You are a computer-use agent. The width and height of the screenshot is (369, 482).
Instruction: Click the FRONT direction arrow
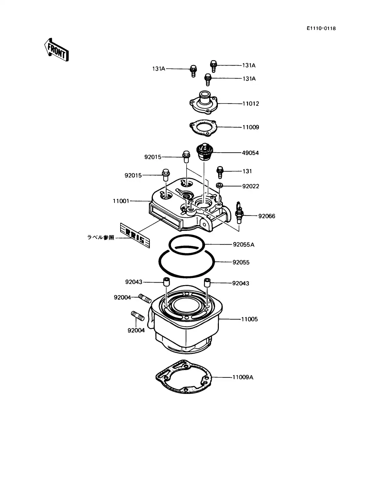tap(56, 50)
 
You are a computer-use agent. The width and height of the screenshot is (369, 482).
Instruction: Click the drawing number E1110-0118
tap(321, 28)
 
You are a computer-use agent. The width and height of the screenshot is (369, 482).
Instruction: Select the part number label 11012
tap(250, 104)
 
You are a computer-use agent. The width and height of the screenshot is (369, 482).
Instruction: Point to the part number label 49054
tap(250, 153)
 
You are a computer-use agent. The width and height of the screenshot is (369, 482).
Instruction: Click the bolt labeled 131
tap(220, 172)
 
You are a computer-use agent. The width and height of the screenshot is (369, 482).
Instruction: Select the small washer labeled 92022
tap(220, 185)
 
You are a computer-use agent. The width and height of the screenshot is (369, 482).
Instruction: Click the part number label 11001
tap(121, 201)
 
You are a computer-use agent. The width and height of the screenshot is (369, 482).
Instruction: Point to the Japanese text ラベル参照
tap(101, 237)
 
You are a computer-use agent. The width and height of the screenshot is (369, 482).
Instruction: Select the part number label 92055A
tap(243, 244)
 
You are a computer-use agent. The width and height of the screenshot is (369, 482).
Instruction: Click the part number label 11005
tap(249, 319)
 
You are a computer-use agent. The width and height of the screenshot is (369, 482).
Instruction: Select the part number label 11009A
tap(242, 377)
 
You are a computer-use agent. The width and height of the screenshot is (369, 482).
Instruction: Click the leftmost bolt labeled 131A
tap(193, 70)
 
